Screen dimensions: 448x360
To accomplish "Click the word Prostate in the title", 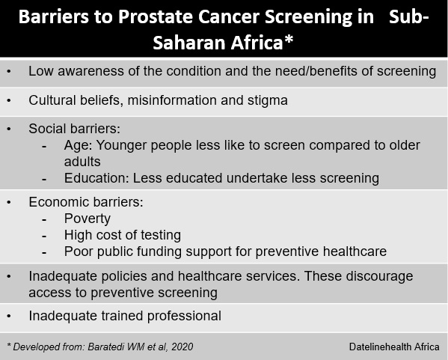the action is (x=156, y=17).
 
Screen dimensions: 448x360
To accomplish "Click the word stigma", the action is (x=268, y=101).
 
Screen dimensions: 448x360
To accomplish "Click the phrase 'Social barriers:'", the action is (x=74, y=129).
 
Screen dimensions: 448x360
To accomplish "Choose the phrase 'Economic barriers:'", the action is (x=86, y=202).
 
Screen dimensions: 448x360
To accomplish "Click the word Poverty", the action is (x=88, y=219).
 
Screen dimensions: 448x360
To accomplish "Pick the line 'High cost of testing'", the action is (x=123, y=235).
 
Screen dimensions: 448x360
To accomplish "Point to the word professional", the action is (x=184, y=317).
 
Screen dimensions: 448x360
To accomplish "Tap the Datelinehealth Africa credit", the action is (x=394, y=347).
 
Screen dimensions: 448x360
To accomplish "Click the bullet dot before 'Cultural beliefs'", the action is (x=9, y=100).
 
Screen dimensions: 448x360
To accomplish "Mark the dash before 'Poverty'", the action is (x=44, y=220).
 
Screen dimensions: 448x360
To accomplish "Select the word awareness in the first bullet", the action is (x=90, y=71).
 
